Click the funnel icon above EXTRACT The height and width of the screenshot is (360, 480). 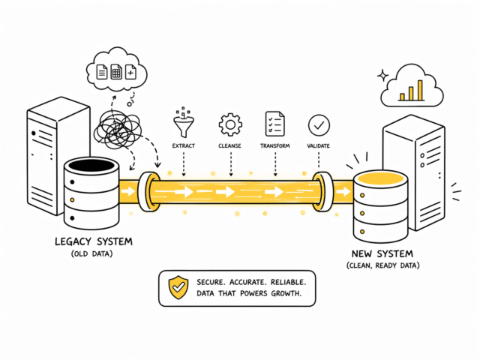click(x=182, y=122)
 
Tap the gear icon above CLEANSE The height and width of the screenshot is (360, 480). click(x=229, y=124)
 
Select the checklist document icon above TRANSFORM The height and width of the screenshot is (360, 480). click(x=275, y=123)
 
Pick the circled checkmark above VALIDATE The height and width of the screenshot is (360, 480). click(x=319, y=124)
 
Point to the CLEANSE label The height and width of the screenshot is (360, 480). click(x=229, y=145)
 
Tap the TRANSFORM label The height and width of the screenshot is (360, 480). click(x=275, y=145)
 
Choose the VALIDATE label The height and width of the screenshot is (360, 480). click(x=319, y=145)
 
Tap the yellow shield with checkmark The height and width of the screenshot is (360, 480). click(x=178, y=287)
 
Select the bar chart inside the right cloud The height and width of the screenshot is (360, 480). click(x=411, y=91)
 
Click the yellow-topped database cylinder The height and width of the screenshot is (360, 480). click(x=380, y=202)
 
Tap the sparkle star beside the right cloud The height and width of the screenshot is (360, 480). click(x=383, y=76)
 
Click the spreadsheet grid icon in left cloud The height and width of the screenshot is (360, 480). click(x=117, y=72)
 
